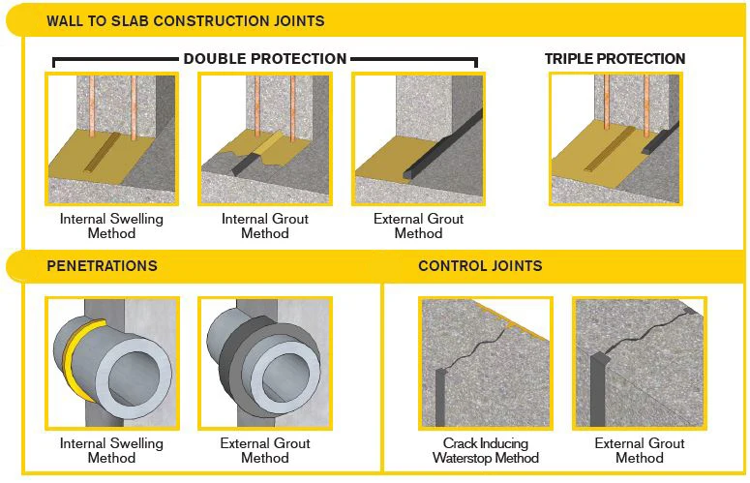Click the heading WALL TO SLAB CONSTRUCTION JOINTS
pyautogui.click(x=185, y=20)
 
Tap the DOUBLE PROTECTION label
pyautogui.click(x=265, y=59)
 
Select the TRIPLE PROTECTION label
pyautogui.click(x=615, y=59)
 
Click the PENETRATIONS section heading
pyautogui.click(x=102, y=265)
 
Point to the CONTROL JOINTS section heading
pyautogui.click(x=480, y=265)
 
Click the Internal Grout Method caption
pyautogui.click(x=265, y=226)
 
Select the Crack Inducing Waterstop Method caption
pyautogui.click(x=484, y=450)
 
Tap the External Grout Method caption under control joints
pyautogui.click(x=639, y=450)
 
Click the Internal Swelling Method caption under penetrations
pyautogui.click(x=111, y=450)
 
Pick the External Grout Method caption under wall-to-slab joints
pyautogui.click(x=418, y=226)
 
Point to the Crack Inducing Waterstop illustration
pyautogui.click(x=485, y=363)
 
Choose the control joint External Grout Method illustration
pyautogui.click(x=639, y=363)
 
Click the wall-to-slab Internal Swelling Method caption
pyautogui.click(x=111, y=226)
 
